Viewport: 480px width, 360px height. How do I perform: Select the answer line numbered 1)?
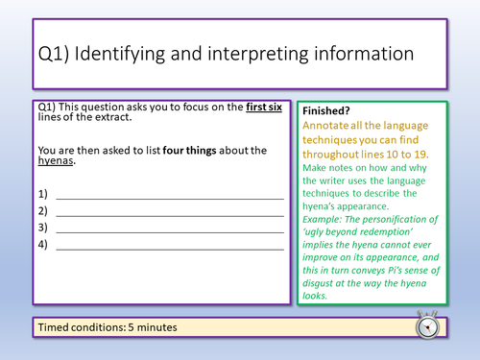(x=170, y=195)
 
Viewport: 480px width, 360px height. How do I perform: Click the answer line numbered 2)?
(x=170, y=211)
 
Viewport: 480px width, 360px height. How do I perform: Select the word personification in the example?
(x=402, y=220)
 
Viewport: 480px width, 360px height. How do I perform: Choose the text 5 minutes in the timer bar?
(x=154, y=327)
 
